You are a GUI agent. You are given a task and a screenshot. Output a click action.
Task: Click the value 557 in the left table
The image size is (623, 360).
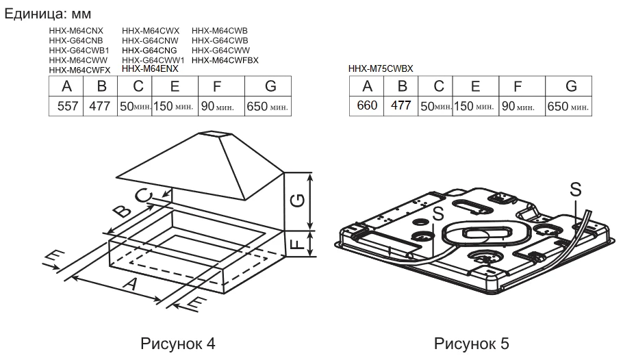(x=66, y=107)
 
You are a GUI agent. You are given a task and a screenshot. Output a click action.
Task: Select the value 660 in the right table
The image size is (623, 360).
(x=368, y=107)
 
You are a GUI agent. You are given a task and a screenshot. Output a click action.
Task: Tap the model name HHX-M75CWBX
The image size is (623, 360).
(x=381, y=68)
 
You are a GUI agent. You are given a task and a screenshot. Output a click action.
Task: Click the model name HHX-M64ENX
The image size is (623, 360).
(x=150, y=69)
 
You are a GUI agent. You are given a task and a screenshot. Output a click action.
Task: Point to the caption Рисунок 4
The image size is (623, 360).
(x=178, y=343)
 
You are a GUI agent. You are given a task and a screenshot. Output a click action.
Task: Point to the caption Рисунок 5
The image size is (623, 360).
(x=472, y=343)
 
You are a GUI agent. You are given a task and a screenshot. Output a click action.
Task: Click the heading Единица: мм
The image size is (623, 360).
(x=48, y=14)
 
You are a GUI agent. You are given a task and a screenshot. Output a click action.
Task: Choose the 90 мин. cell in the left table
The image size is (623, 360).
(x=220, y=107)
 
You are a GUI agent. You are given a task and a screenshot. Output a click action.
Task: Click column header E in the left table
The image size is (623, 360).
(x=175, y=87)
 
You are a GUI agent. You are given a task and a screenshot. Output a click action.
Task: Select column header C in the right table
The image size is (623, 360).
(x=436, y=87)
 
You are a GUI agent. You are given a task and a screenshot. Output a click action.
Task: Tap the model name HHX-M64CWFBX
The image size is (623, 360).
(x=225, y=60)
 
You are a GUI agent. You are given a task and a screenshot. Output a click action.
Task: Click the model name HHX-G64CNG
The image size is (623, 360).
(x=149, y=51)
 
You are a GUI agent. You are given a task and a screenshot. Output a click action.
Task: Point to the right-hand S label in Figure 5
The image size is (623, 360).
(x=576, y=188)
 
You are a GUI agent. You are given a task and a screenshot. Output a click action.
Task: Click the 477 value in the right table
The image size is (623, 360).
(x=402, y=107)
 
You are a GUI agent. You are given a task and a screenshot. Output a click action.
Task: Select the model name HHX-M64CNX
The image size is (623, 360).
(x=76, y=31)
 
